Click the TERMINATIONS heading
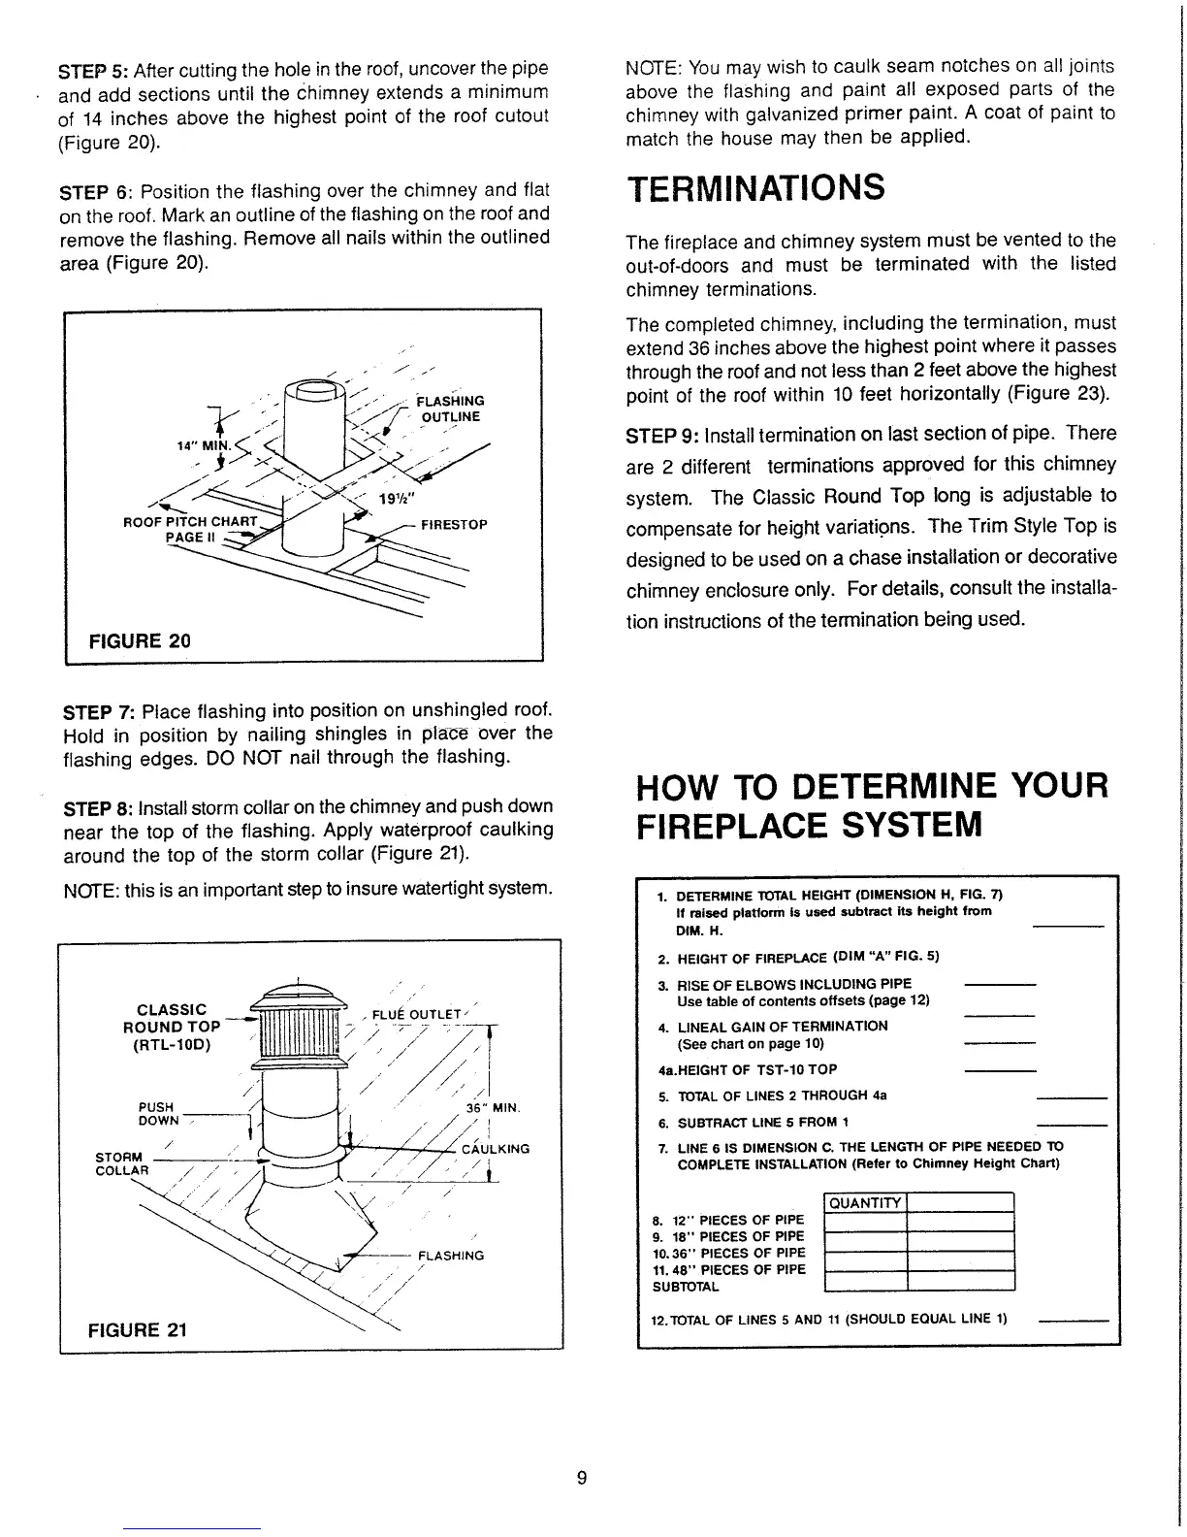coord(755,187)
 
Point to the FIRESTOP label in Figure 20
coord(454,525)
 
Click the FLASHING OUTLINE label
coord(449,409)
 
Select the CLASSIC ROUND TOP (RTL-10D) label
coord(172,1027)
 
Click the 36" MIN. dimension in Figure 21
coord(495,1107)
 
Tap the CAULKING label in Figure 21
coord(495,1149)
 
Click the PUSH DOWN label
coord(157,1113)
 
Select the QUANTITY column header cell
coord(864,1203)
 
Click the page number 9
coord(581,1478)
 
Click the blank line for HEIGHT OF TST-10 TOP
coord(1001,1071)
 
